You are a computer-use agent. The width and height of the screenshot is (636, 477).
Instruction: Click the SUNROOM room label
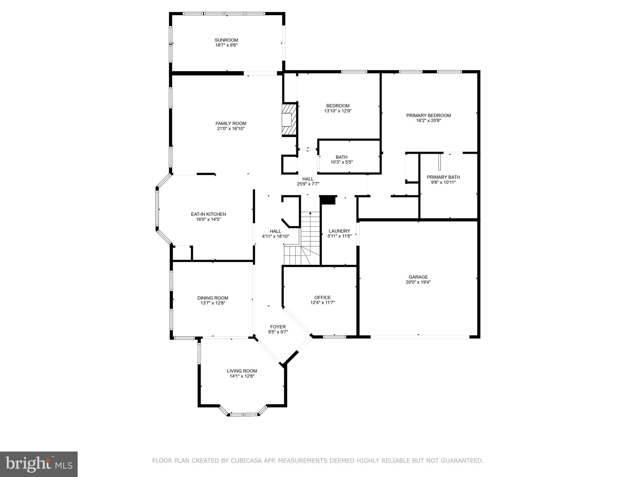pos(226,40)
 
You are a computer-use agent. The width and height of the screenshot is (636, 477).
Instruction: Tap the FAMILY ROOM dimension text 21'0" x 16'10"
pos(231,129)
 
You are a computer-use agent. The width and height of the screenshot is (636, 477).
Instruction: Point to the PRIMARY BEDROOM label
pos(429,116)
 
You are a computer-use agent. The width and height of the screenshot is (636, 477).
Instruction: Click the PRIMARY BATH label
pos(443,177)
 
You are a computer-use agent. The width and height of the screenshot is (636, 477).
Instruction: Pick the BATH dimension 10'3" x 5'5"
pos(342,162)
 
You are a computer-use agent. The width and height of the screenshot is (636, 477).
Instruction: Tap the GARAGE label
pos(418,277)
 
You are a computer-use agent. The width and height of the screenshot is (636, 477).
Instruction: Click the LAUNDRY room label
pos(339,231)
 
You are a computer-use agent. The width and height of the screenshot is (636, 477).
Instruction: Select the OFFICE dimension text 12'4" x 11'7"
pos(323,302)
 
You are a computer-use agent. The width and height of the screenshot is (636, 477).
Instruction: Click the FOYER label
pos(278,327)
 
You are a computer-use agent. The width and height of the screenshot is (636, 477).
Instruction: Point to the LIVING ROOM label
pos(242,371)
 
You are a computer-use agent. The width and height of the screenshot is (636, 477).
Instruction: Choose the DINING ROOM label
pos(213,298)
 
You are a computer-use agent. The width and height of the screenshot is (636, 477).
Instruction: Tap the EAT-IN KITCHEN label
pos(208,214)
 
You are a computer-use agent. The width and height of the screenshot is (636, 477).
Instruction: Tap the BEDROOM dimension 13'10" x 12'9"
pos(338,111)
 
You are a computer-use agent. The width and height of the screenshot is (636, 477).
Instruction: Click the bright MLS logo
pos(39,464)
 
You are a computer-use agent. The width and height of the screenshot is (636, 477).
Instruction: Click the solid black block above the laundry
pos(328,200)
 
